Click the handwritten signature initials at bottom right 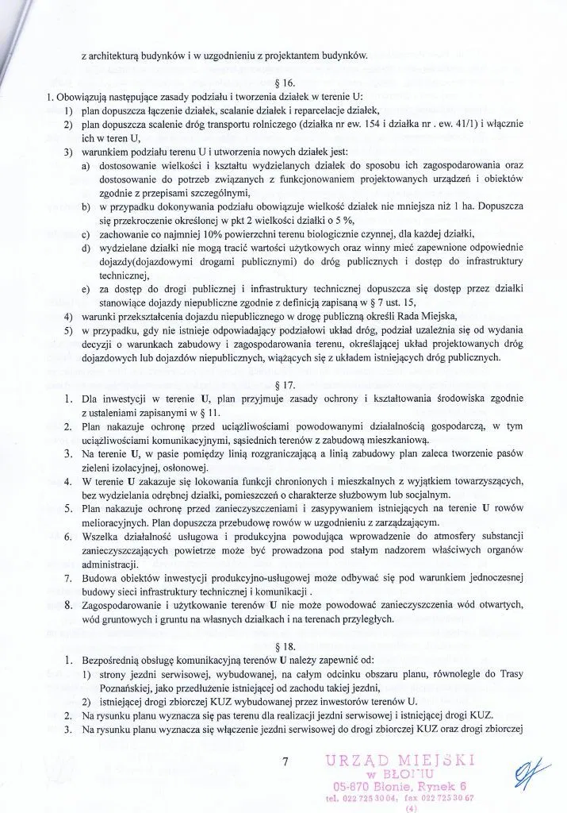pos(525,773)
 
